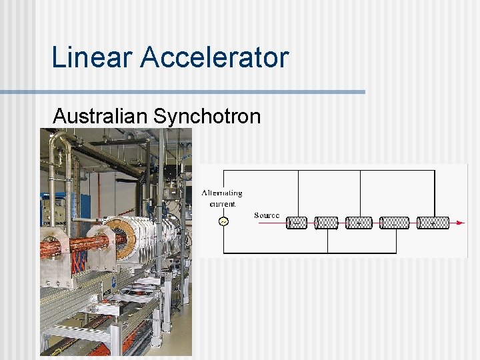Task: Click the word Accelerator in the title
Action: coord(214,57)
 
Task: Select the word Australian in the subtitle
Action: coord(100,116)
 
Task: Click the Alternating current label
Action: coord(222,198)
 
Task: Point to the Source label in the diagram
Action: coord(267,215)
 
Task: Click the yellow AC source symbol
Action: coord(223,222)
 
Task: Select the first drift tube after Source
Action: coord(297,223)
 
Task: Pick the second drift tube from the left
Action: coord(327,223)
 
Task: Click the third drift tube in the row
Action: coord(359,223)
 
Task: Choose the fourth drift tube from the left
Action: coord(394,223)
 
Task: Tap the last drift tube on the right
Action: coord(433,223)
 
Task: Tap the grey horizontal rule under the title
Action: coord(183,91)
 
